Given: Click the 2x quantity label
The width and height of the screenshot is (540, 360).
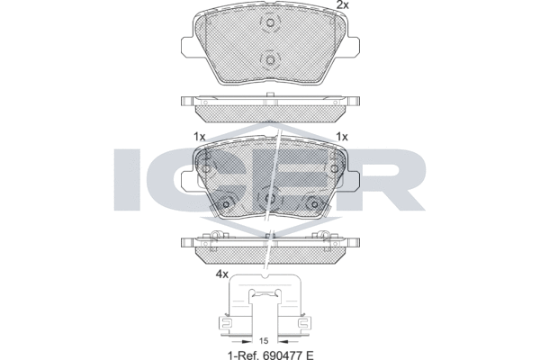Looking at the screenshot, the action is [342, 4].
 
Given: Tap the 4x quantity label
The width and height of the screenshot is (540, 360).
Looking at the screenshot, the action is [221, 274].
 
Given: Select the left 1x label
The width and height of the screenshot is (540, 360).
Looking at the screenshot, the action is [200, 137].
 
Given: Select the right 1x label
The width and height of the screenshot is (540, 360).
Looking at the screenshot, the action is [342, 137].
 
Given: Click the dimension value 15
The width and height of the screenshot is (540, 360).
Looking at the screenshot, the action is [264, 341].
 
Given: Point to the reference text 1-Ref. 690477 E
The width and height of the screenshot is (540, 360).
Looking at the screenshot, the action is [271, 355].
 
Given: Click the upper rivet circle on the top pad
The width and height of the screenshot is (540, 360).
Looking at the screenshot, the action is [270, 23].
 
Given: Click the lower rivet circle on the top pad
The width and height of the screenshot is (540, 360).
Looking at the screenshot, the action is [270, 60].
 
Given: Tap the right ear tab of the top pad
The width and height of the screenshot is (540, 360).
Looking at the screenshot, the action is [353, 46].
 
